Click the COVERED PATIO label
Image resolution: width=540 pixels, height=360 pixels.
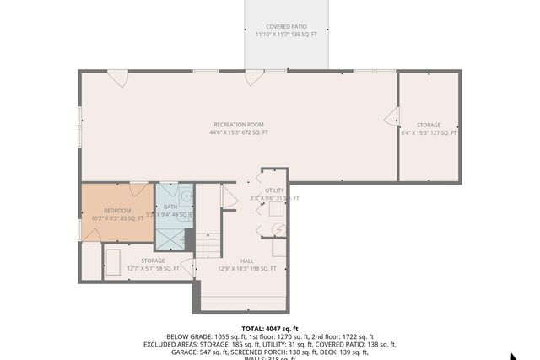(x=286, y=26)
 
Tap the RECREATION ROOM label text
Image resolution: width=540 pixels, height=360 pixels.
(x=239, y=125)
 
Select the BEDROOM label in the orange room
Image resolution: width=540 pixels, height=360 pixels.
(x=117, y=210)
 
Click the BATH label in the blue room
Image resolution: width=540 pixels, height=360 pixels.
(x=170, y=207)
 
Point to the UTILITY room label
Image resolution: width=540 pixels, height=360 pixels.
(x=275, y=191)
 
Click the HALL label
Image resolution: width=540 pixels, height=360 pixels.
(x=247, y=261)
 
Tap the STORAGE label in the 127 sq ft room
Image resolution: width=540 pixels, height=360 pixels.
(x=429, y=125)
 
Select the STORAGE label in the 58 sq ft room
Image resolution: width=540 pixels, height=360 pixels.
(x=153, y=261)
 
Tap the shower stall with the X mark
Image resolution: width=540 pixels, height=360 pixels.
(x=173, y=237)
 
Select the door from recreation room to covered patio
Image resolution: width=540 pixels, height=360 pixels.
(x=251, y=78)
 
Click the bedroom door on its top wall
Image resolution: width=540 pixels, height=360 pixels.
(x=138, y=188)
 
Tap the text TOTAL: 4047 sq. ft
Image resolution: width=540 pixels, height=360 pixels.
(x=270, y=329)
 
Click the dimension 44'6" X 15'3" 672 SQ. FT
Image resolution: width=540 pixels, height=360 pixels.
(x=239, y=133)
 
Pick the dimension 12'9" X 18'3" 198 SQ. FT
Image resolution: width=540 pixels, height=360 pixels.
(x=247, y=269)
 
